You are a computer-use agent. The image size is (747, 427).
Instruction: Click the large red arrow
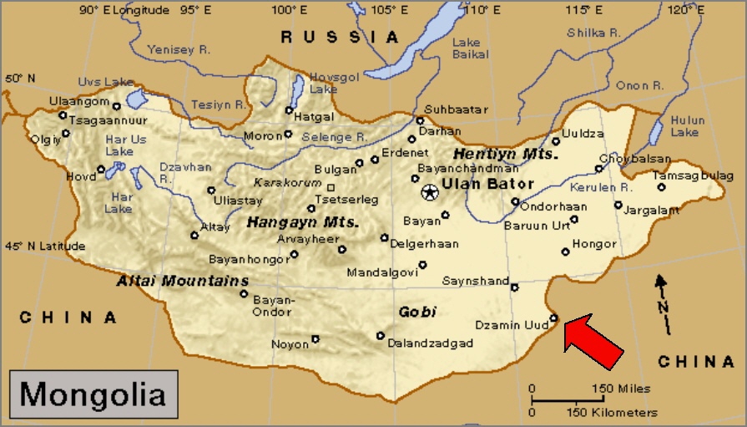tap(594, 341)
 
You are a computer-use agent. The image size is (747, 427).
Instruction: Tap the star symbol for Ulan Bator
tap(429, 193)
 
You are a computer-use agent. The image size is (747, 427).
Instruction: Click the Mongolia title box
tap(93, 393)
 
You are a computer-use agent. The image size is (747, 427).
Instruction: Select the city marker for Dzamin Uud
tap(553, 318)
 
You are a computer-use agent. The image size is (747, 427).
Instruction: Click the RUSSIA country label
tap(340, 37)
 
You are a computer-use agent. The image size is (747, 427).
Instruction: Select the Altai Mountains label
tap(184, 281)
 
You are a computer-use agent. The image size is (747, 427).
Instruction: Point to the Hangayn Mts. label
tap(302, 223)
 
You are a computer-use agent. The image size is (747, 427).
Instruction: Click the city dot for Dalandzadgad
tap(381, 336)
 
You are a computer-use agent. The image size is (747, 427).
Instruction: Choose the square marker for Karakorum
tap(331, 187)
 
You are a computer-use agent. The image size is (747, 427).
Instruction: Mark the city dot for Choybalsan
tap(598, 168)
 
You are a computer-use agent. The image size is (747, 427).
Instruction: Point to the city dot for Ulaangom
tap(117, 106)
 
